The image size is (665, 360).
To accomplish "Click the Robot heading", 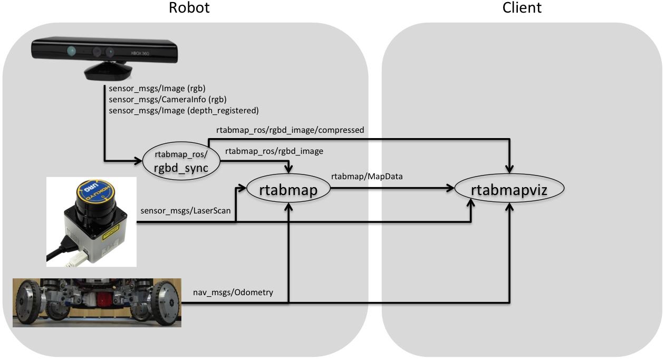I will tap(189, 8).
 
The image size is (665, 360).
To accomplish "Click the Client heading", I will tap(522, 8).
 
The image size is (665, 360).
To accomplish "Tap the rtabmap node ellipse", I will tap(288, 190).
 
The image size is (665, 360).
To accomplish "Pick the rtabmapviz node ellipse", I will tap(509, 190).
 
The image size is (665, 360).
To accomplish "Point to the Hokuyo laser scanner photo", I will tap(91, 221).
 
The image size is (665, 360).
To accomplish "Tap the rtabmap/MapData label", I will tap(367, 177).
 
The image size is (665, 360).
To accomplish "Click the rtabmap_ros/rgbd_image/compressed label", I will tap(290, 130).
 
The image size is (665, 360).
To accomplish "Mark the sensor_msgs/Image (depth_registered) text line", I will tap(183, 111).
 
